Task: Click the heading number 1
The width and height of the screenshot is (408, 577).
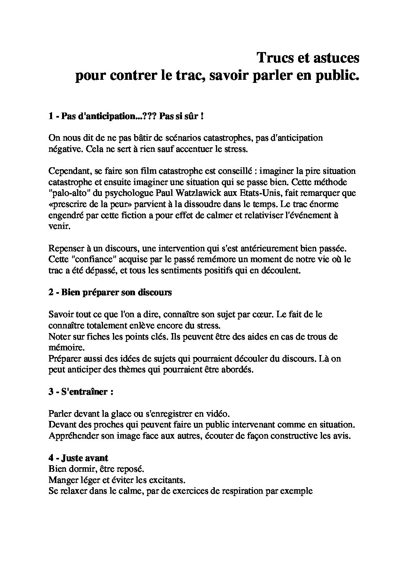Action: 51,116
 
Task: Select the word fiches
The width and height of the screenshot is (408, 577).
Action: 96,336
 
